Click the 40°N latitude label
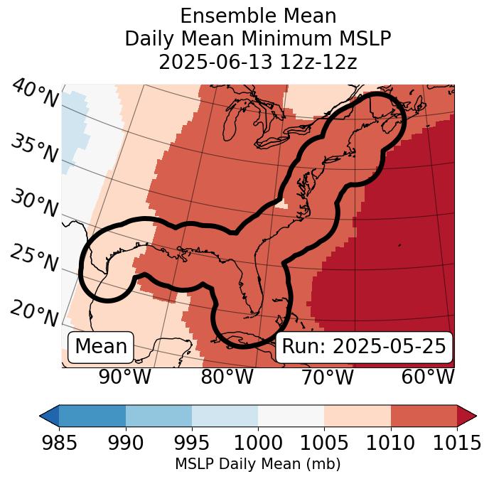(x=35, y=94)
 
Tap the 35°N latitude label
(x=35, y=148)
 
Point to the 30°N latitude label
(x=35, y=204)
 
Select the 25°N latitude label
(x=35, y=259)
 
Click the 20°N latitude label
(x=35, y=313)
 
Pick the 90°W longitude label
(x=125, y=377)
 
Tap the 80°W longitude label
(x=227, y=377)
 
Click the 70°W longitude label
(x=328, y=377)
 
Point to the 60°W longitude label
(x=428, y=377)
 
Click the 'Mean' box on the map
(x=101, y=347)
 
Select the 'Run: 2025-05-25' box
(x=364, y=347)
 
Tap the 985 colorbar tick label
(x=59, y=443)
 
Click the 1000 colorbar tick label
(x=258, y=443)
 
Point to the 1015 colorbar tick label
(x=456, y=443)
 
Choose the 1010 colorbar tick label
(x=390, y=443)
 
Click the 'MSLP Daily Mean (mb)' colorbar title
(x=257, y=464)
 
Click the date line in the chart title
(x=257, y=62)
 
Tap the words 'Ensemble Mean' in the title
(x=257, y=16)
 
